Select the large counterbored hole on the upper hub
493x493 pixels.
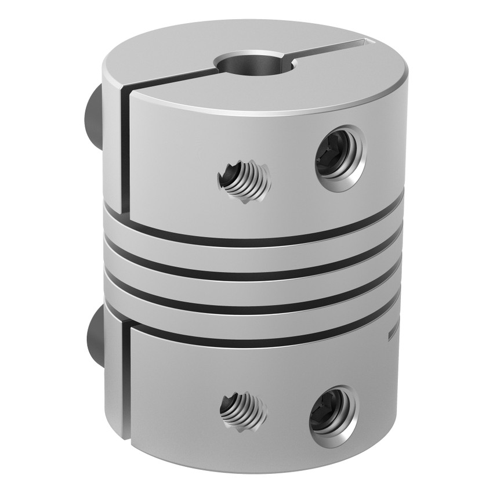pos(338,160)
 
